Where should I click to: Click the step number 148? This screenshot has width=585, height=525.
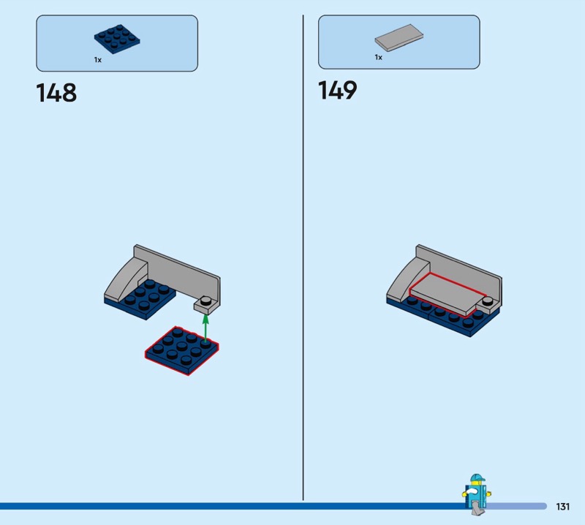point(56,93)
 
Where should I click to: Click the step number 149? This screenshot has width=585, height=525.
point(337,90)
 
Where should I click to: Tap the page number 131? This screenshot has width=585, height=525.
point(562,506)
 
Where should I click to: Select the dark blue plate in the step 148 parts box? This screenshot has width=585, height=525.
point(117,39)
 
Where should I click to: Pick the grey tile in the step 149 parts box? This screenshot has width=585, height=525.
point(399,38)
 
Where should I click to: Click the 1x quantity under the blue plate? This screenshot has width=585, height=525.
point(98,60)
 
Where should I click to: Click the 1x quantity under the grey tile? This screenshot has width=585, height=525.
point(379,57)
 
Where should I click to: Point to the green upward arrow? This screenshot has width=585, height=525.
point(205,328)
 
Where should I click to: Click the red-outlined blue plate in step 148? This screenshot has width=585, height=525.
point(181,350)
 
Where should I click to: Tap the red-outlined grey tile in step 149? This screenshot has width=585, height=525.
point(442,294)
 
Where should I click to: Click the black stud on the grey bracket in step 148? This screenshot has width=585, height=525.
point(205,301)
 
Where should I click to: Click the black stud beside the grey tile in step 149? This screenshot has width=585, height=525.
point(487,301)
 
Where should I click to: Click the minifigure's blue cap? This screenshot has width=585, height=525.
point(477,478)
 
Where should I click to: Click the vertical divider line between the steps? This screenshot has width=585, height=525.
point(303,257)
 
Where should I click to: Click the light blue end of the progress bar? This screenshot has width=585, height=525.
point(517,506)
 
